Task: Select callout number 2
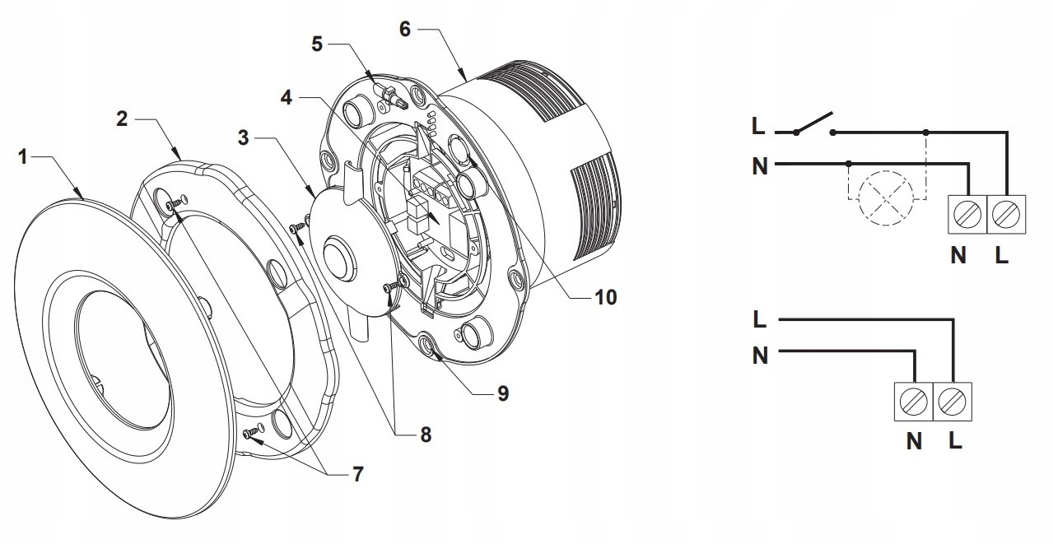pyautogui.click(x=121, y=119)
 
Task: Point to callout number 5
pyautogui.click(x=317, y=44)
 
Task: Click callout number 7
pyautogui.click(x=357, y=474)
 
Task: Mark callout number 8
pyautogui.click(x=425, y=434)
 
